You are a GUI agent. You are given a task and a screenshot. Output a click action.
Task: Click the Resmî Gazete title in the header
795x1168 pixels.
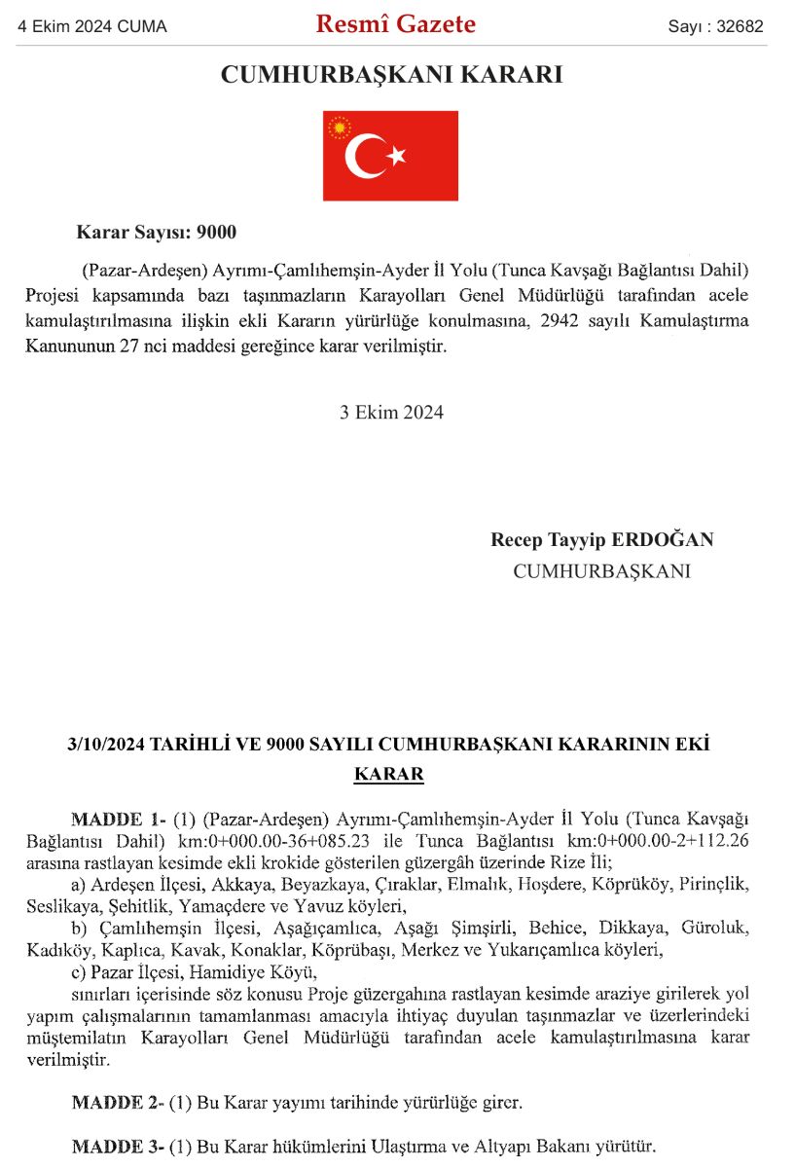[396, 24]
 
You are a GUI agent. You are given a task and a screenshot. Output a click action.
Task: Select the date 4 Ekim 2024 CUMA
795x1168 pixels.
[92, 27]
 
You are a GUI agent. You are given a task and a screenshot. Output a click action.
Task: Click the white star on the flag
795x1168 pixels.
[395, 155]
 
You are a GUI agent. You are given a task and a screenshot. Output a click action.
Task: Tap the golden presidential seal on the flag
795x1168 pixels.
[340, 128]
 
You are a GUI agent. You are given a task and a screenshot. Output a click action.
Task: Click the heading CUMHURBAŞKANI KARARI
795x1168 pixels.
[392, 75]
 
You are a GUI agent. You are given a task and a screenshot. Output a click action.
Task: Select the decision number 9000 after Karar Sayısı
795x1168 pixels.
[216, 233]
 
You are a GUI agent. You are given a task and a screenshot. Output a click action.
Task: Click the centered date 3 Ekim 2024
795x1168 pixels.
[391, 412]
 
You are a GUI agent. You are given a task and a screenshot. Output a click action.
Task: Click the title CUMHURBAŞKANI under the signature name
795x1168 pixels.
[601, 571]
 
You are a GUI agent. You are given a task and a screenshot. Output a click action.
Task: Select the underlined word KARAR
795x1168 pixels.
[389, 775]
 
